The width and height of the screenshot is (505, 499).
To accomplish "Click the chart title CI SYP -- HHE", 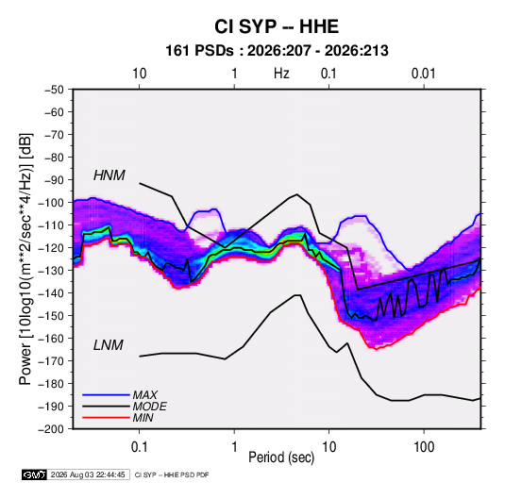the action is coord(277,26).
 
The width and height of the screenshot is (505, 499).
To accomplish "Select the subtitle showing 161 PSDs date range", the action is coord(277,51).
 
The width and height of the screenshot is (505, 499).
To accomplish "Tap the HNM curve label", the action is coord(109,175).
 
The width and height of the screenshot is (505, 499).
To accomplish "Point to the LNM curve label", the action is coord(109,345).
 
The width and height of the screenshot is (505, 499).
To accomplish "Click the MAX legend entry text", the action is coord(145,395).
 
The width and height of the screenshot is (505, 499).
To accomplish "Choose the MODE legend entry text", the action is coord(149,407).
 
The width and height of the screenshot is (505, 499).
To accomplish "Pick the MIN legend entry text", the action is coord(143,418).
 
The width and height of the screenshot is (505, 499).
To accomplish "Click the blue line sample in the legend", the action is coord(106,395).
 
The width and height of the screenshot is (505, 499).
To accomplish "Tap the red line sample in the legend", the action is coord(106,418).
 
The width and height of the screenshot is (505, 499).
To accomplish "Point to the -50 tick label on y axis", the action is coord(55,90).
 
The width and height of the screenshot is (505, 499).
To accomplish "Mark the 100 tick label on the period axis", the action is coord(424,447).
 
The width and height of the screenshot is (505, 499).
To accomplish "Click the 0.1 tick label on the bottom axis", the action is coord(139,447).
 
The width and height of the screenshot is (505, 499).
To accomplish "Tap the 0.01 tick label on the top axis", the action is coord(424,74).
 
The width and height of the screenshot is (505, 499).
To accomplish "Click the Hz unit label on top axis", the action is coord(281,74).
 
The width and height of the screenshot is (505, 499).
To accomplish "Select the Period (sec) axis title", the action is coord(281,457).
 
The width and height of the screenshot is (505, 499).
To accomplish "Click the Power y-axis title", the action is coord(25,258).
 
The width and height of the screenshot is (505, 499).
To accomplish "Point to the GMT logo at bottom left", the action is coord(35,474).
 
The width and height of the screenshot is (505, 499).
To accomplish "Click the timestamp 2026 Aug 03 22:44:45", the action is coord(88,474).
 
